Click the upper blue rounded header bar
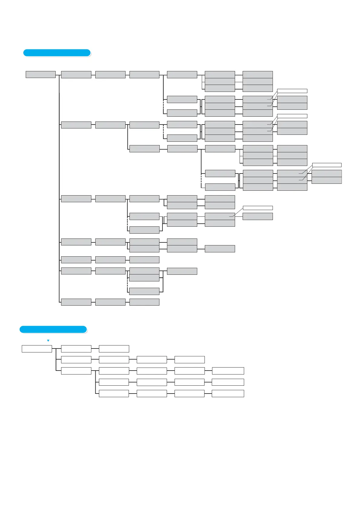click(57, 53)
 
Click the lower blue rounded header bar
click(53, 329)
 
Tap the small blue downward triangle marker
click(48, 341)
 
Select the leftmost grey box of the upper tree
click(41, 74)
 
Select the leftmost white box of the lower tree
click(37, 349)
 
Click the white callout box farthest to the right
click(327, 165)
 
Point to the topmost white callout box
click(292, 91)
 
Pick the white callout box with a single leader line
click(258, 208)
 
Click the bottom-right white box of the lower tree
click(228, 393)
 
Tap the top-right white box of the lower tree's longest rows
click(228, 371)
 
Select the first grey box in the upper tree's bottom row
click(76, 302)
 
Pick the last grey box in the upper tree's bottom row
click(144, 302)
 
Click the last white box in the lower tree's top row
click(114, 349)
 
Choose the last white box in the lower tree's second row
click(190, 360)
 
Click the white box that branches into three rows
click(76, 371)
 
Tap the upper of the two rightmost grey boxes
click(327, 173)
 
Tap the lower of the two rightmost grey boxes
click(327, 180)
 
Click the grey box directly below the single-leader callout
click(258, 216)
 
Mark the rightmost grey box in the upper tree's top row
click(258, 75)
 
